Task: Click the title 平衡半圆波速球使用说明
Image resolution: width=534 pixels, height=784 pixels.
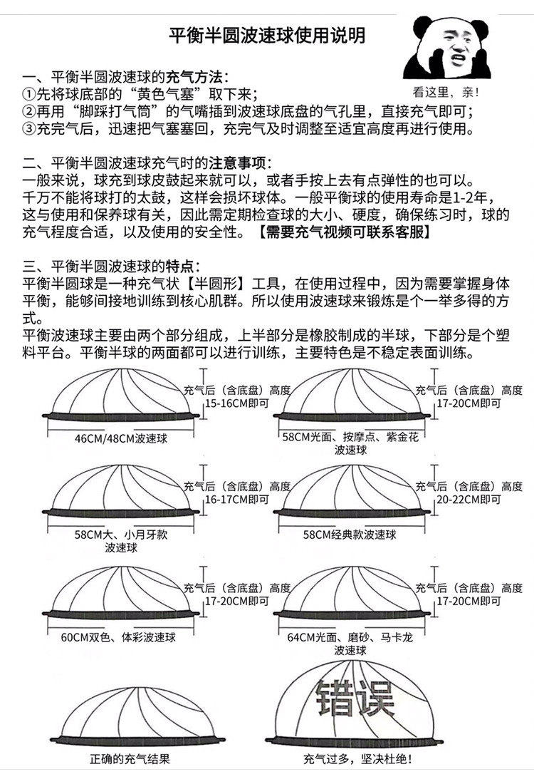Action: pyautogui.click(x=267, y=35)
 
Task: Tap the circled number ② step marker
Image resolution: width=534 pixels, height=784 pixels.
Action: pyautogui.click(x=28, y=112)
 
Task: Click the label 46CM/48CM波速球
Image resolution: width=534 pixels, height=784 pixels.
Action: pyautogui.click(x=120, y=438)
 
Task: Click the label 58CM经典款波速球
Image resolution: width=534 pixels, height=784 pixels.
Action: pyautogui.click(x=350, y=534)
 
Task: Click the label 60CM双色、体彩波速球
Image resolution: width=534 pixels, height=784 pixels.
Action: pyautogui.click(x=119, y=636)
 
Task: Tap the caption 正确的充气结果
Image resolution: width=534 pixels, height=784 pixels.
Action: pyautogui.click(x=130, y=760)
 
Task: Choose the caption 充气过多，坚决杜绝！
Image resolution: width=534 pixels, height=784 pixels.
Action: pyautogui.click(x=357, y=760)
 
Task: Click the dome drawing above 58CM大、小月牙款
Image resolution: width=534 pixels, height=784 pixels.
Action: pyautogui.click(x=119, y=492)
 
